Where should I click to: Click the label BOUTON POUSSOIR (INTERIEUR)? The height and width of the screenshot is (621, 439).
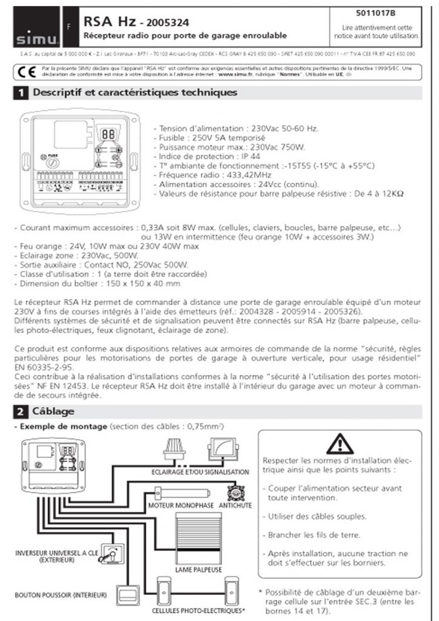(61, 595)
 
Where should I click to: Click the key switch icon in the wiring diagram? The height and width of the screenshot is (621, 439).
(111, 552)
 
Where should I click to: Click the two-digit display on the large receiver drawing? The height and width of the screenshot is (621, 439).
(109, 133)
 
